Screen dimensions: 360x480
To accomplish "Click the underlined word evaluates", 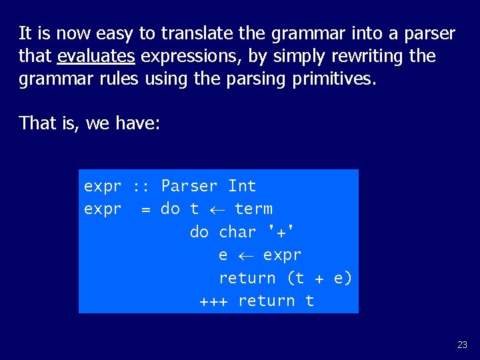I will coord(96,57).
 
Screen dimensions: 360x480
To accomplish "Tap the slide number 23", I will coord(462,345).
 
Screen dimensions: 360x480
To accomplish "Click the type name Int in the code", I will coord(242,186).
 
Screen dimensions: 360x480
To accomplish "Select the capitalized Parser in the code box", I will coord(189,186).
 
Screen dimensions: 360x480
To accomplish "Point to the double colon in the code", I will coord(141,186).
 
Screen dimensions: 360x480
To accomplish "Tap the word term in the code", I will coord(253,209).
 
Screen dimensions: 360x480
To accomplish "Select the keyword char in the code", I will coord(237,232).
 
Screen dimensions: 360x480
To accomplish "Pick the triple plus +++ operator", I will coord(213,301).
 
